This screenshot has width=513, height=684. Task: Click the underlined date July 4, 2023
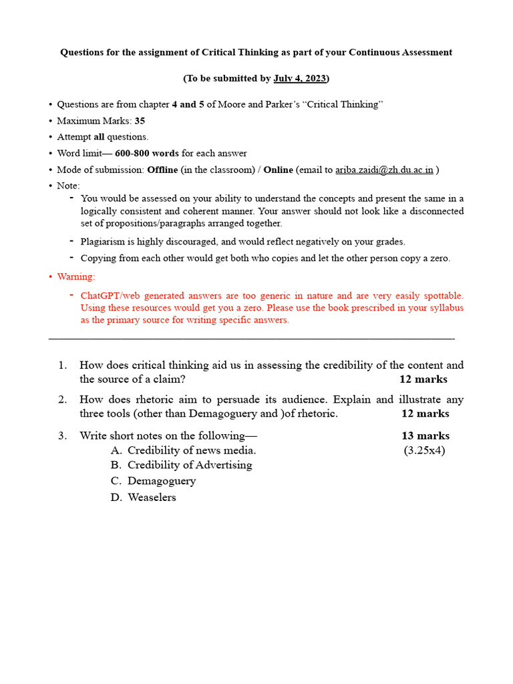tap(299, 79)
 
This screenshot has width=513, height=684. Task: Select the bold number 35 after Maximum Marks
tap(140, 121)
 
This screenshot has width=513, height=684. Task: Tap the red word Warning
tap(76, 276)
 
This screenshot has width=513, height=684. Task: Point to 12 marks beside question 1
tap(423, 379)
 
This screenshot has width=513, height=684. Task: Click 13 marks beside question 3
tap(425, 436)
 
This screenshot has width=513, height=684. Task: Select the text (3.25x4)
tap(424, 450)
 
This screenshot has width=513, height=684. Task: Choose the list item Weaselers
tap(152, 498)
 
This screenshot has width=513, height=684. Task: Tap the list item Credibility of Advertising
tap(190, 465)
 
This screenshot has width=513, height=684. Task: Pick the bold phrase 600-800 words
tap(146, 154)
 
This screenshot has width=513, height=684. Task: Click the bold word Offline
tap(162, 170)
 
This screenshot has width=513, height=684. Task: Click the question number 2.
tap(62, 400)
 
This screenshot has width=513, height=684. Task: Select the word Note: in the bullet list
tap(68, 186)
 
